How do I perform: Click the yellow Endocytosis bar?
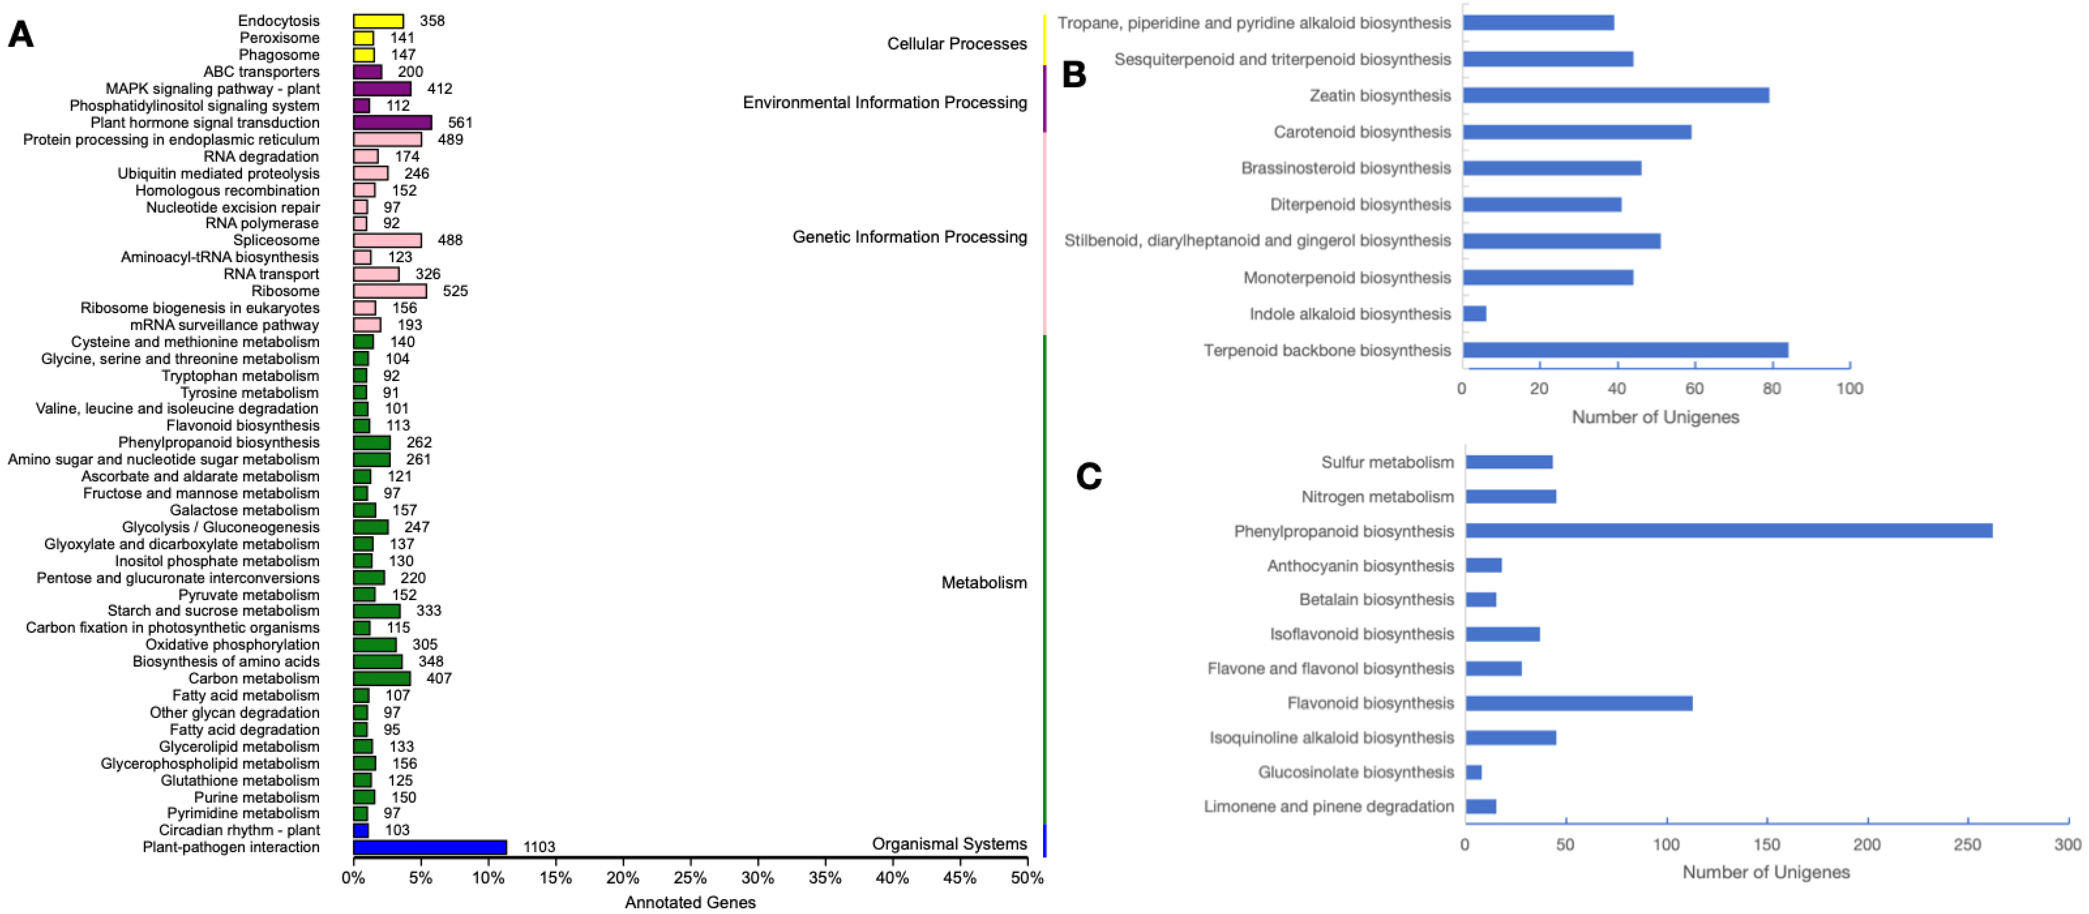pyautogui.click(x=378, y=21)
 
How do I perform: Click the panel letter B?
pyautogui.click(x=1074, y=75)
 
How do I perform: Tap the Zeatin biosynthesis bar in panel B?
pyautogui.click(x=1615, y=96)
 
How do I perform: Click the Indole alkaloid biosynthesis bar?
pyautogui.click(x=1474, y=314)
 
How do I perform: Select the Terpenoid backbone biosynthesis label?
pyautogui.click(x=1327, y=350)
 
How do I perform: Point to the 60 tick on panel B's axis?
pyautogui.click(x=1694, y=388)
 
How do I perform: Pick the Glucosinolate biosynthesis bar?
pyautogui.click(x=1473, y=772)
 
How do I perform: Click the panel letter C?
pyautogui.click(x=1088, y=476)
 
